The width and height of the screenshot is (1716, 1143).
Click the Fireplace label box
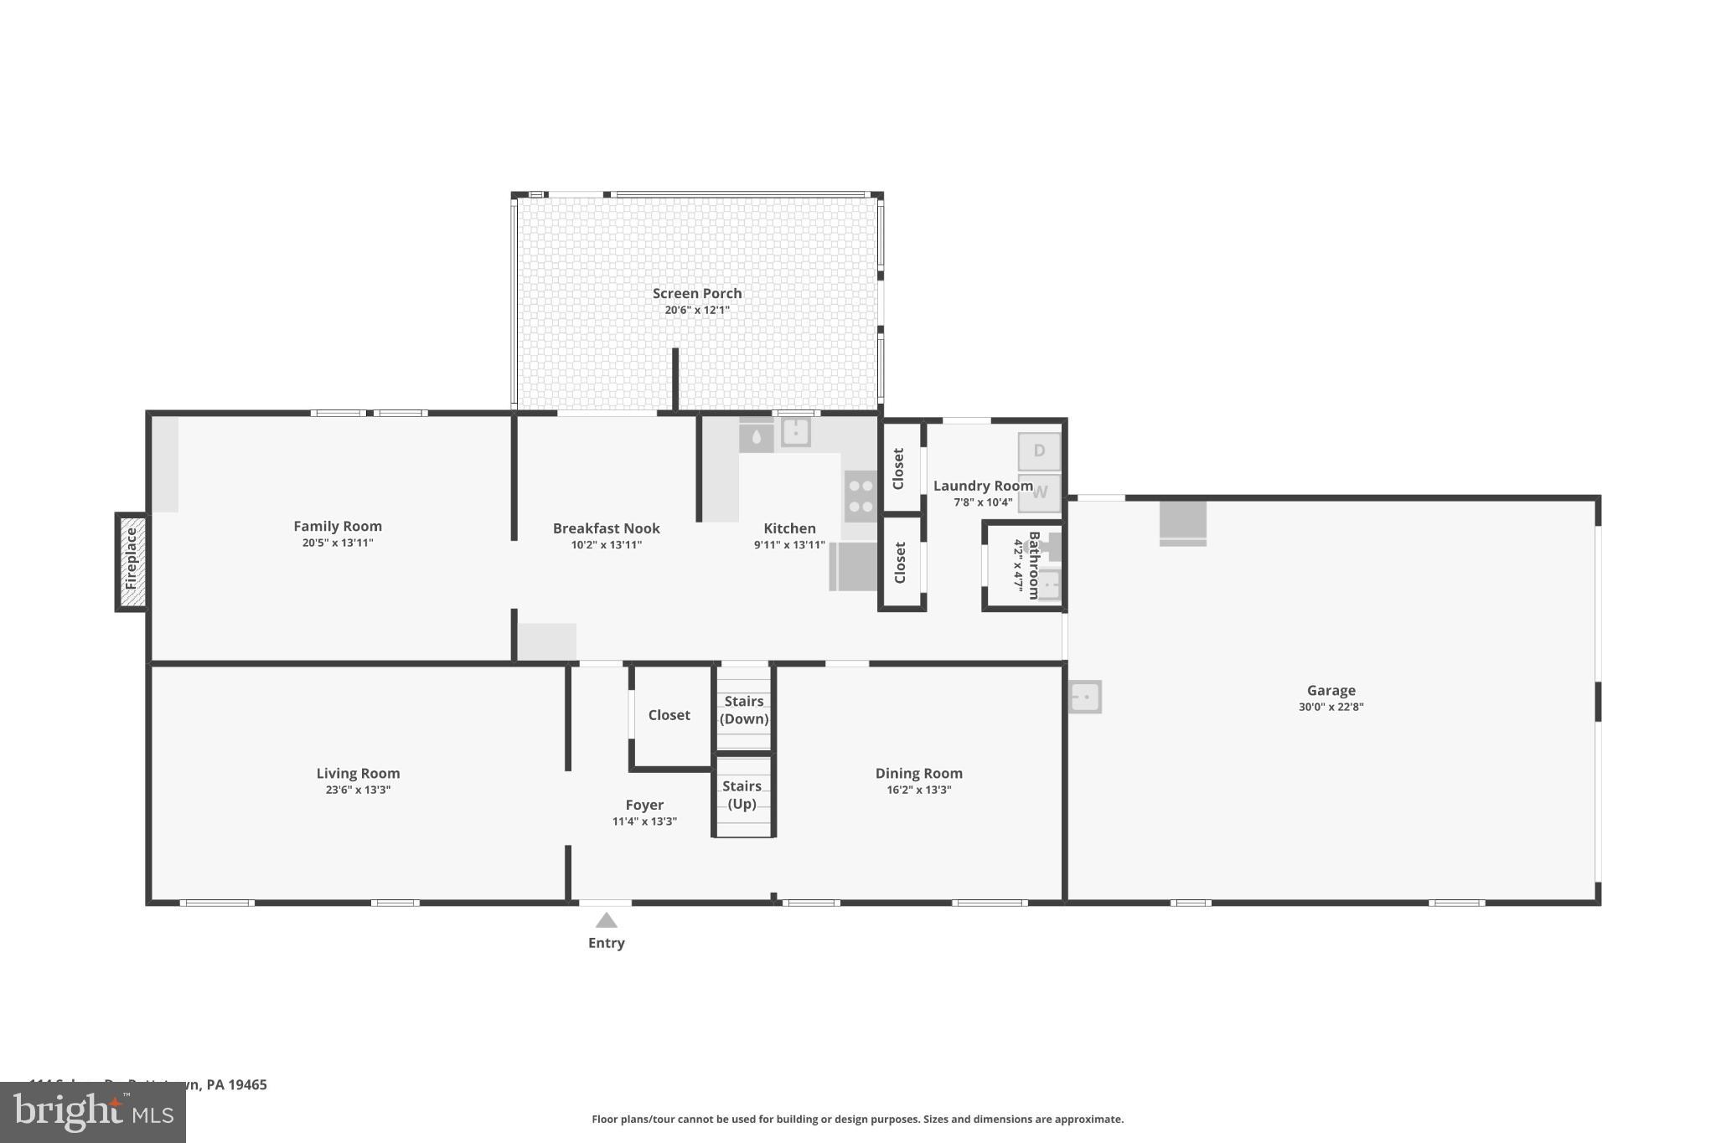(x=132, y=561)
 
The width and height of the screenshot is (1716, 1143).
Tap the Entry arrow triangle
(x=606, y=921)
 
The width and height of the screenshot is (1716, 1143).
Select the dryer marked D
(x=1039, y=451)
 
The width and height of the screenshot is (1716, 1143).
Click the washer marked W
(x=1039, y=492)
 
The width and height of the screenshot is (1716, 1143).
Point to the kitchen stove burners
(x=861, y=496)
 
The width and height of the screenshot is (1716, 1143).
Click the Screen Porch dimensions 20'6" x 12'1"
(x=697, y=310)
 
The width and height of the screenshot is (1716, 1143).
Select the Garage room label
(x=1331, y=690)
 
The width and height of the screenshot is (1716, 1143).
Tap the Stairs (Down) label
(x=743, y=710)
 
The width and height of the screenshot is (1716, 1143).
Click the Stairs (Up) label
(x=742, y=795)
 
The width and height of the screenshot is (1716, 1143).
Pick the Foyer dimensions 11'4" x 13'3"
(x=644, y=821)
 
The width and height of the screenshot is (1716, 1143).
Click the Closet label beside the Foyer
(x=669, y=714)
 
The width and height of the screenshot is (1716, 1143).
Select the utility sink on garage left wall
(x=1085, y=697)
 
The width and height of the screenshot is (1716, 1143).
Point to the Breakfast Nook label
(x=606, y=528)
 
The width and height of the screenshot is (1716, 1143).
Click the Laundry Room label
(x=982, y=486)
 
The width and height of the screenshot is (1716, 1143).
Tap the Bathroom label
(x=1034, y=564)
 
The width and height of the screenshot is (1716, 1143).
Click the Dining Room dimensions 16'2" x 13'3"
(x=919, y=790)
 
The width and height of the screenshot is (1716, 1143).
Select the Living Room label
(x=358, y=773)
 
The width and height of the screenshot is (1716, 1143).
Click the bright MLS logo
(x=92, y=1112)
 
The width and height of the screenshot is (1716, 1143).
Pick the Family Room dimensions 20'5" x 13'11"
(x=338, y=543)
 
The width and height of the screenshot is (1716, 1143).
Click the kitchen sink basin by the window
(x=795, y=432)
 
